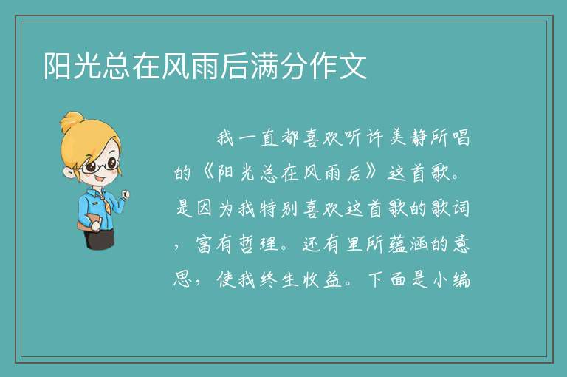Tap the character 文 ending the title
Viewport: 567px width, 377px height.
tap(353, 66)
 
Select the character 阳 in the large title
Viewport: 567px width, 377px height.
tap(58, 66)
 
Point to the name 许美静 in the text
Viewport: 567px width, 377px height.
tap(396, 138)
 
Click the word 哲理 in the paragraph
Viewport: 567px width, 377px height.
tap(258, 245)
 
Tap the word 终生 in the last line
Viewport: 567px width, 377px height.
tap(279, 279)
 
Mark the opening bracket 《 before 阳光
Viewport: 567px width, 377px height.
tap(207, 174)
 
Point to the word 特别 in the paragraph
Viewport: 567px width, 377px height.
tap(278, 209)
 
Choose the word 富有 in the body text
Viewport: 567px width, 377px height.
tap(216, 245)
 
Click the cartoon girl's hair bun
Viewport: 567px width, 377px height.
tap(72, 122)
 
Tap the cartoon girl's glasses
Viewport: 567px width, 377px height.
tap(100, 166)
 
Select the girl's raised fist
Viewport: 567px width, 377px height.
tap(125, 195)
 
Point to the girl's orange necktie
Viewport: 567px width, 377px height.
tap(105, 203)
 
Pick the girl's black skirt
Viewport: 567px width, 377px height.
tap(99, 237)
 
